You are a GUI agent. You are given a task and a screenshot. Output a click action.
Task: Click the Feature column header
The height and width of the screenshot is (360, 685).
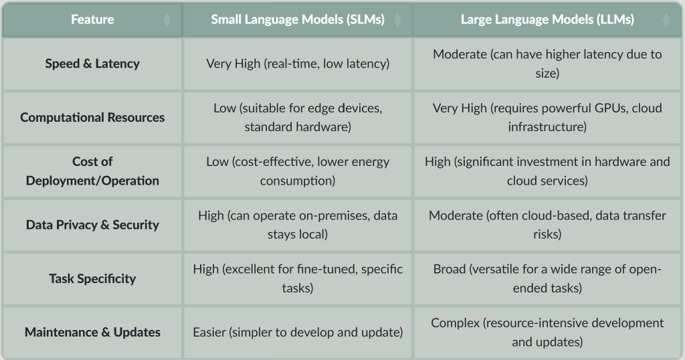coord(92,19)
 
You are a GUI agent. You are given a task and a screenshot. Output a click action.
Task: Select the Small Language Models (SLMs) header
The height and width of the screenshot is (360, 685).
coord(298,19)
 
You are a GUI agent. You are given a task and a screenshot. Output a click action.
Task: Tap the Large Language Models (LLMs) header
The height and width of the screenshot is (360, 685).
coord(547,19)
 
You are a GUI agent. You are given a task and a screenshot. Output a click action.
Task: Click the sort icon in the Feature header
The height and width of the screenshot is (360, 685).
coord(167,19)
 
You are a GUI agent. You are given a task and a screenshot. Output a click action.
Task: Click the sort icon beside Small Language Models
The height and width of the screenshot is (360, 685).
coord(397,19)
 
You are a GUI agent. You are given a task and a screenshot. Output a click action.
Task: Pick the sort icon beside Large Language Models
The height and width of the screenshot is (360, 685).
coord(666,19)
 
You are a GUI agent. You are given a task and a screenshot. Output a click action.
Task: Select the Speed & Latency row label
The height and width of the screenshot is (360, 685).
coord(92,64)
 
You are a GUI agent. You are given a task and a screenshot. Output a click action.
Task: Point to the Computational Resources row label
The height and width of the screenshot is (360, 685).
coord(92,118)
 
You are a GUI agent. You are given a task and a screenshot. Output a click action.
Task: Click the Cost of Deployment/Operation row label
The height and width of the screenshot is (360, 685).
coord(92,171)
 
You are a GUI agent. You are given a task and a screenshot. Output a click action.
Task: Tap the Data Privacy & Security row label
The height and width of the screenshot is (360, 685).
coord(92,225)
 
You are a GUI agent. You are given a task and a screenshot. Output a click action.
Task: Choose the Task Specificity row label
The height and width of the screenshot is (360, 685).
coord(92,279)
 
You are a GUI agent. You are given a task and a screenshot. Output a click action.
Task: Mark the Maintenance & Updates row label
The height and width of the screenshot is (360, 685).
coord(92,333)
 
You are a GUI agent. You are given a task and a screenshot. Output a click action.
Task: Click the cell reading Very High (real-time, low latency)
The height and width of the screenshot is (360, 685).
coord(298,64)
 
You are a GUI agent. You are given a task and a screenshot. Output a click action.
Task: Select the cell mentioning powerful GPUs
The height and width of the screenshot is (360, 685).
coord(547,118)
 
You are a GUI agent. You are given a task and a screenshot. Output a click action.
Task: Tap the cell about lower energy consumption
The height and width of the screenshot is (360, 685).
coord(298,171)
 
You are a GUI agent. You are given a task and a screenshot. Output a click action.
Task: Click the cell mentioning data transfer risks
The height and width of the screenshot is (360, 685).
coord(547,225)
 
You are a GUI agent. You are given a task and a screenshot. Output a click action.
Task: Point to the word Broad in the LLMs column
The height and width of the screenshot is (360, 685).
coord(450,269)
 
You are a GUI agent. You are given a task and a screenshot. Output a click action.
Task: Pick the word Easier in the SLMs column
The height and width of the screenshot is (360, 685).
coord(209,333)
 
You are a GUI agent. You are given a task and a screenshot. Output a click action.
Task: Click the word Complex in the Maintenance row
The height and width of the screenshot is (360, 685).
coord(455,323)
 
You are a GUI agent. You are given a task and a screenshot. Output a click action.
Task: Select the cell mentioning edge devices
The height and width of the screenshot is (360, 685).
coord(298,118)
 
